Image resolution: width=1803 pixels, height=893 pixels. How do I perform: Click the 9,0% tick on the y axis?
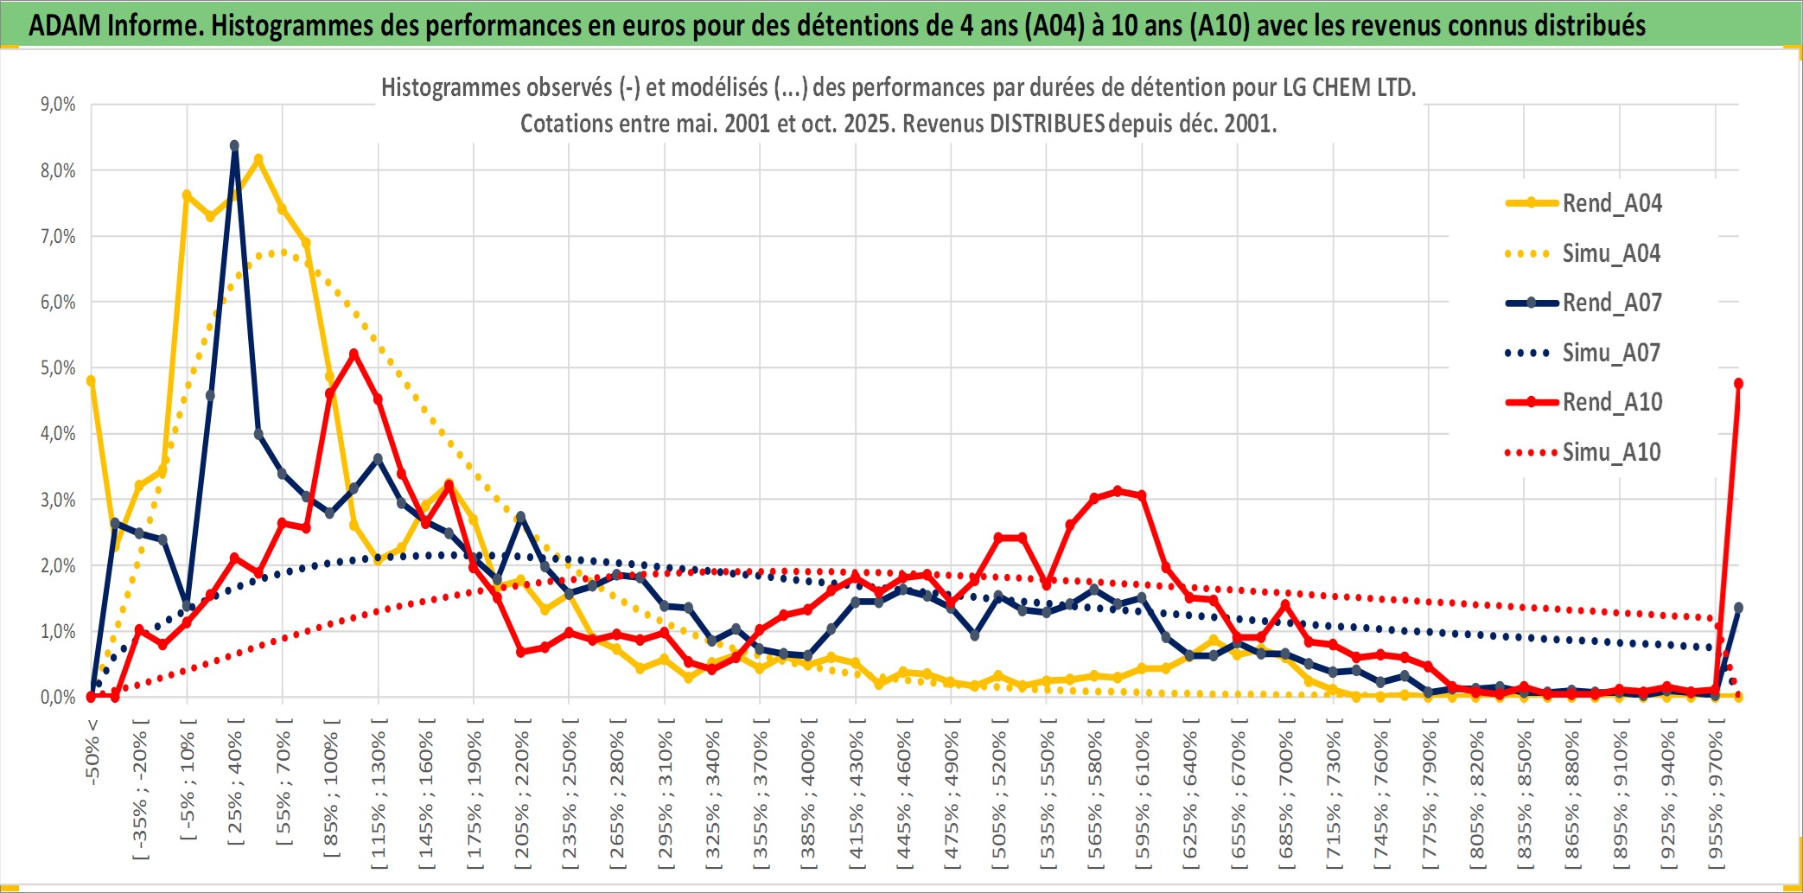pyautogui.click(x=58, y=105)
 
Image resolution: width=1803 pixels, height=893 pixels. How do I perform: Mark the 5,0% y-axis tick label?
pyautogui.click(x=58, y=368)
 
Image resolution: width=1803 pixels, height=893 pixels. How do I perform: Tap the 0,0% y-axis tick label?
pyautogui.click(x=58, y=697)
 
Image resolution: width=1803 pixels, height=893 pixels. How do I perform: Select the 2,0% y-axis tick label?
pyautogui.click(x=58, y=565)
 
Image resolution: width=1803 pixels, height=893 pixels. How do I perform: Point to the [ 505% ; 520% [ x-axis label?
pyautogui.click(x=999, y=795)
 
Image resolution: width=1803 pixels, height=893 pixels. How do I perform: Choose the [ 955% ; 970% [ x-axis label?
pyautogui.click(x=1716, y=795)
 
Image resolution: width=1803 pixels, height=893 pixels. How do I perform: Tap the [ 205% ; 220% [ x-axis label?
pyautogui.click(x=522, y=795)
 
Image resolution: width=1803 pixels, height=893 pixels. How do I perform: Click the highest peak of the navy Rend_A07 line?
pyautogui.click(x=234, y=145)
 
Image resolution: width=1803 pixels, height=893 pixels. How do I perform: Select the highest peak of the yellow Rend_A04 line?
pyautogui.click(x=258, y=159)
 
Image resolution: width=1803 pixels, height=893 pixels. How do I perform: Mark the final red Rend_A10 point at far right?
pyautogui.click(x=1738, y=383)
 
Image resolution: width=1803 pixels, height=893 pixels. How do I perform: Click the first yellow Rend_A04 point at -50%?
pyautogui.click(x=91, y=380)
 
